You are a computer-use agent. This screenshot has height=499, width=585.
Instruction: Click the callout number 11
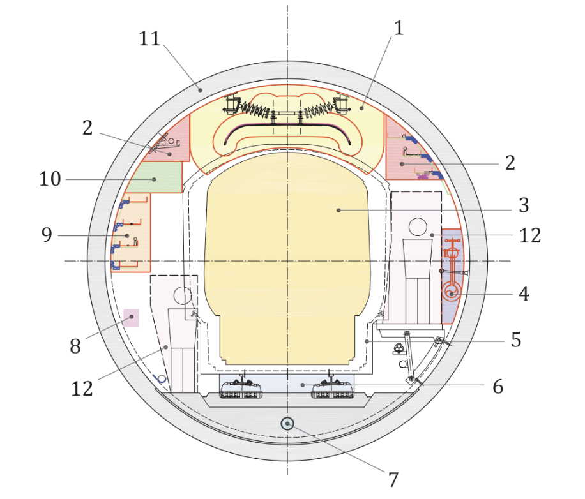(149, 38)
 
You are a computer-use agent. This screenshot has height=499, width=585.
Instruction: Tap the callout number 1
(399, 28)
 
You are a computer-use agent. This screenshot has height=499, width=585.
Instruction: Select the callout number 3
(524, 205)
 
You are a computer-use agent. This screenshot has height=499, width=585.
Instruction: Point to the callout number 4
(524, 294)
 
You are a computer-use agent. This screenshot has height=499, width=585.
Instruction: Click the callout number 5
(516, 340)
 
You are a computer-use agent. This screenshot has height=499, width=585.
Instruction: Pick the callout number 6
(498, 387)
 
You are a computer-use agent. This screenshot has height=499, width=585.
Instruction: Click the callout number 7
(393, 480)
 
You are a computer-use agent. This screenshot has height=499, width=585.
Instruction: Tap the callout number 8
(75, 346)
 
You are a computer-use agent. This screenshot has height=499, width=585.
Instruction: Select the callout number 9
(47, 235)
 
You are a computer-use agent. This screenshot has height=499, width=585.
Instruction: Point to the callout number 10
(50, 179)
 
